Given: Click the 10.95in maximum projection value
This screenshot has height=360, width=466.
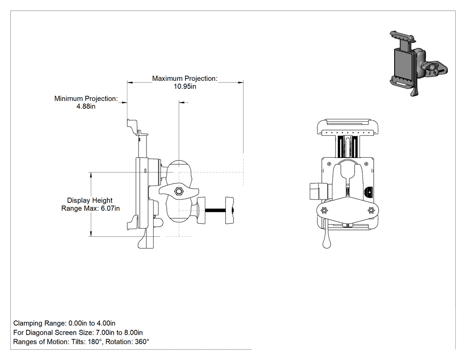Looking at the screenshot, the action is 185,87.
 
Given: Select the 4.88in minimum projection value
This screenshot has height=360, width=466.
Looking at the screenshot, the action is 86,107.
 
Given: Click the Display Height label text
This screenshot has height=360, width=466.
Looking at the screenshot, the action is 90,200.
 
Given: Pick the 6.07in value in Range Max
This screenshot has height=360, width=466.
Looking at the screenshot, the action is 110,208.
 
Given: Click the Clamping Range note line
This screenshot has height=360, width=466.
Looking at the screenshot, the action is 64,323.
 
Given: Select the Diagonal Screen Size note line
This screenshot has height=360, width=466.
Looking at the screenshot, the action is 78,332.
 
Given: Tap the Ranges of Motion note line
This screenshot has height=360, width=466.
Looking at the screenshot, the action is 81,342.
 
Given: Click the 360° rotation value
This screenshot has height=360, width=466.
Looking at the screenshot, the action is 142,342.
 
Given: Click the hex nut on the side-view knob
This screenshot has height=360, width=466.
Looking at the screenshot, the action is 178,191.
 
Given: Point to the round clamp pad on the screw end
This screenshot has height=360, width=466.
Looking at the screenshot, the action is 230,210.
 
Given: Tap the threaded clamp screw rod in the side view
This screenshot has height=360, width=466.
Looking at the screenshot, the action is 215,210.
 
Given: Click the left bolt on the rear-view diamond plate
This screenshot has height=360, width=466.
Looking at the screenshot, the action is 324,210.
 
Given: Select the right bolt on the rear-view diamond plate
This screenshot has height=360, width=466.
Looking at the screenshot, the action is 371,210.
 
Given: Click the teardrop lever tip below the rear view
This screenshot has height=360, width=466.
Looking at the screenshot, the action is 327,244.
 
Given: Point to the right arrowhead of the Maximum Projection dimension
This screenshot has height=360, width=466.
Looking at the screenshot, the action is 241,83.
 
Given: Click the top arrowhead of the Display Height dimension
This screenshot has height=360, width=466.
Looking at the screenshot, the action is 91,175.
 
